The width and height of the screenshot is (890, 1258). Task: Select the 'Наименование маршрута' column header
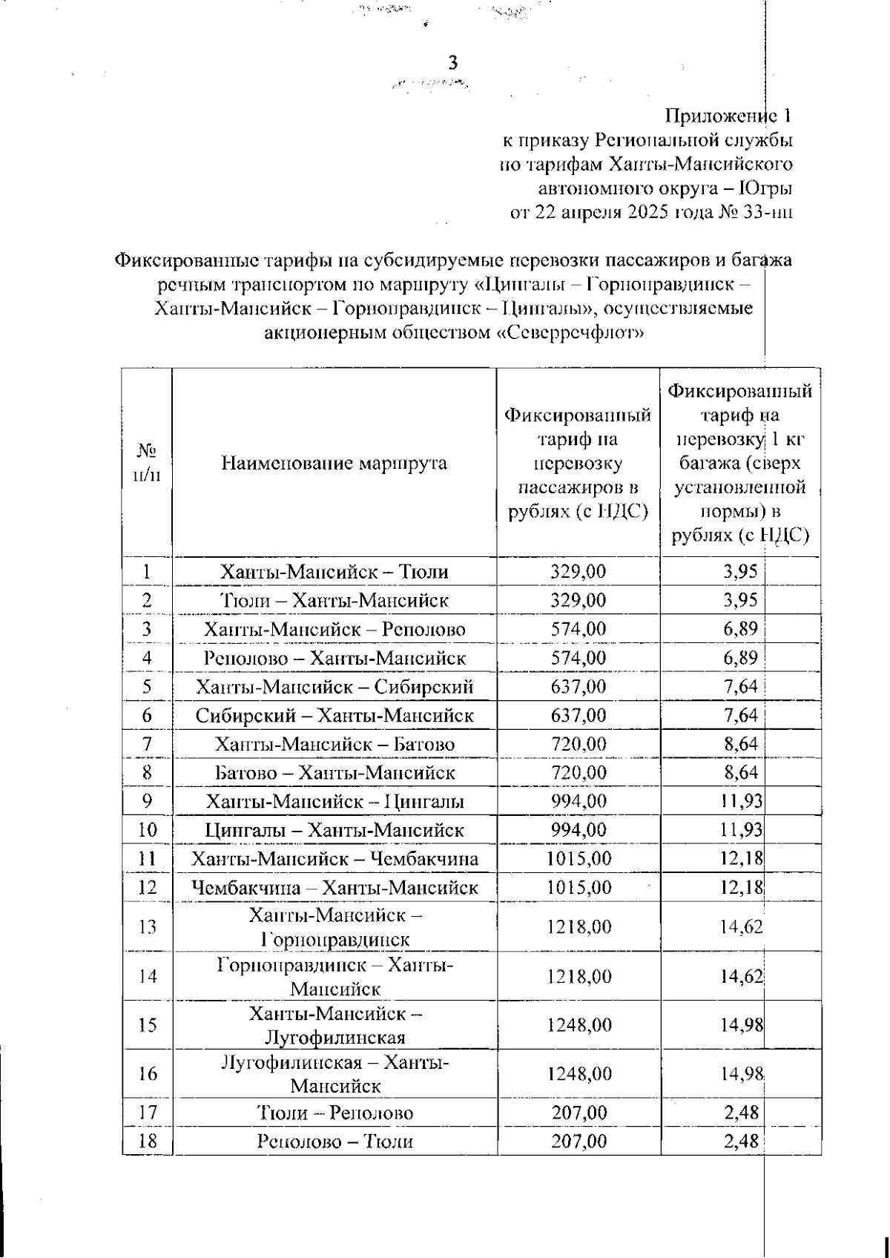[334, 464]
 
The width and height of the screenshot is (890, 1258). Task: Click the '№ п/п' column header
[147, 464]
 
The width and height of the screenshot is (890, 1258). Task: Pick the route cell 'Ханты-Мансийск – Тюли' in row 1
[334, 572]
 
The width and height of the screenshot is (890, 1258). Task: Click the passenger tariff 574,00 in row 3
[578, 629]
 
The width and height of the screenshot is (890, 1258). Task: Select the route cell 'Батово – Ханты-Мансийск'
[334, 772]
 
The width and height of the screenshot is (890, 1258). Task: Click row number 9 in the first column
[147, 801]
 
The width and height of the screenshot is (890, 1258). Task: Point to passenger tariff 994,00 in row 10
[578, 830]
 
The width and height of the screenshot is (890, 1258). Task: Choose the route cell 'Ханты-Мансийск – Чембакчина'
[334, 859]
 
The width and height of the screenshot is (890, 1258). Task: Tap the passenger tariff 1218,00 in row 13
[579, 926]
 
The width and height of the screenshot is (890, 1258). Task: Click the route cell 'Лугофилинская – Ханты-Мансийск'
[334, 1074]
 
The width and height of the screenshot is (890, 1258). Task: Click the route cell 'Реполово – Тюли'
[334, 1142]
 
